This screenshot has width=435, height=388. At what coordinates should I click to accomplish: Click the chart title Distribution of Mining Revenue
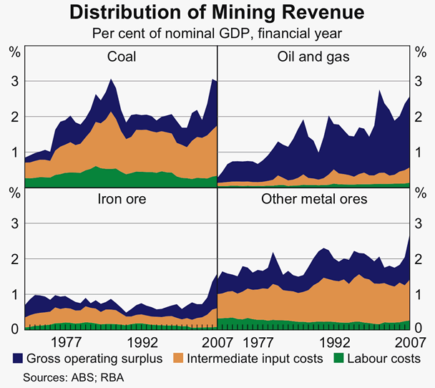pos(217,12)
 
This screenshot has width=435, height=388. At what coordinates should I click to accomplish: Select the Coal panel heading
pos(122,57)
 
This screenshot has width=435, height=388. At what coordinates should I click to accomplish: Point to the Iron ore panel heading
pos(122,199)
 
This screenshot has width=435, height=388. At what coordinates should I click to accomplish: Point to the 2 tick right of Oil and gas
pos(421,116)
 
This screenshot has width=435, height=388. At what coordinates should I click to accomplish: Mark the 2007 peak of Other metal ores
pos(409,236)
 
